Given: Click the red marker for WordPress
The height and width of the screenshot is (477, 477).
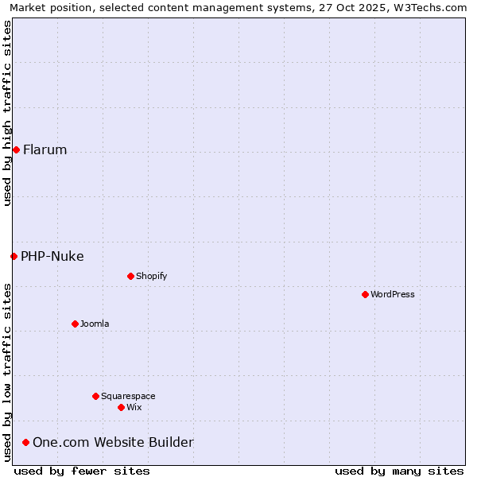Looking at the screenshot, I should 365,294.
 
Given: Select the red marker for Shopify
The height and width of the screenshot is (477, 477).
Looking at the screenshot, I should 130,276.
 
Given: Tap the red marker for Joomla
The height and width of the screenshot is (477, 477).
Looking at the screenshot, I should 75,324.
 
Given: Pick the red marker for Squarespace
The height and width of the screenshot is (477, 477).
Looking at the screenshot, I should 95,396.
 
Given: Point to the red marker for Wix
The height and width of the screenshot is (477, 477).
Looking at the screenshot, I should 121,407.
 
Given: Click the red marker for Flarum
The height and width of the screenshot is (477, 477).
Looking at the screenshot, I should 16,149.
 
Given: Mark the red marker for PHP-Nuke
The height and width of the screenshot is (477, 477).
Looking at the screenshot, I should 14,256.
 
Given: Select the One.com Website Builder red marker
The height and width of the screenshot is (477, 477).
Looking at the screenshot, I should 25,442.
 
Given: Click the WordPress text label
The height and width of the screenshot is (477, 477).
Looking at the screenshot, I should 393,294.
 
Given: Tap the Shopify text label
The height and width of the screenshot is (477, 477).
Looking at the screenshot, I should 151,276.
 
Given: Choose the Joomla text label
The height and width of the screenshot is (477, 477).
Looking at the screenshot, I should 95,324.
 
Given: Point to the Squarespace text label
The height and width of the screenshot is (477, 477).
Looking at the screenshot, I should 128,396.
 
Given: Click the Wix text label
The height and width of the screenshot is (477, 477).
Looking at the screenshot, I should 134,407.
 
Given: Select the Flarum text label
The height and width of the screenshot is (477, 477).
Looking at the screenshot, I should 45,149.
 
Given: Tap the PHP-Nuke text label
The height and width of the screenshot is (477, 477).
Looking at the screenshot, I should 52,256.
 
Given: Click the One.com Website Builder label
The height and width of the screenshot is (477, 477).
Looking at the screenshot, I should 113,442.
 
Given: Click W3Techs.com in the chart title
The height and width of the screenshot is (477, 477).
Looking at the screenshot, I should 430,7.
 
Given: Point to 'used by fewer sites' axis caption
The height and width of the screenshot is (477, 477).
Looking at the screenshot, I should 82,471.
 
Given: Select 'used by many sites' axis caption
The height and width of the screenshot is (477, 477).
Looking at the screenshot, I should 399,471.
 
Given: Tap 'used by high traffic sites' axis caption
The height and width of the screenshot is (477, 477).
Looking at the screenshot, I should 7,113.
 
